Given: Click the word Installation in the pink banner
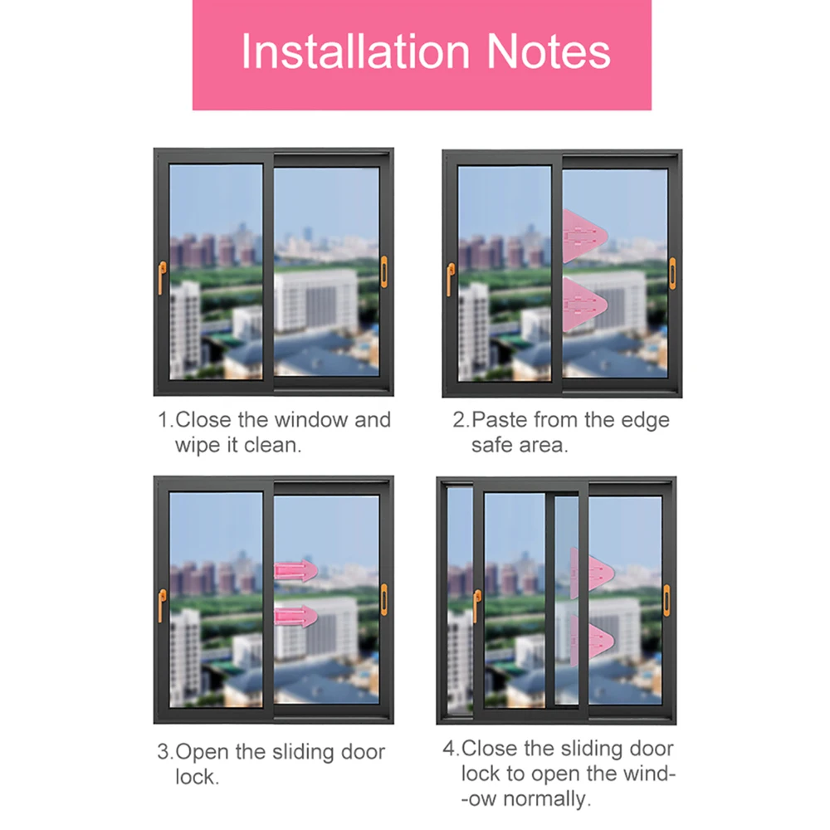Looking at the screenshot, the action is pos(355,51).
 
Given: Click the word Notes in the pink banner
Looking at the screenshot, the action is pos(549,51).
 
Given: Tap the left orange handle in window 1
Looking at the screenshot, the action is pos(162,277).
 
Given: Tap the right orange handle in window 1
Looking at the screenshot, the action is pos(383,272).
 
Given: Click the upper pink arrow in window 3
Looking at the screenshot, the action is pos(296,571).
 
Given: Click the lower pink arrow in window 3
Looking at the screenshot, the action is pos(296,616).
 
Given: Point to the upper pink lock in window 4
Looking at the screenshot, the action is pos(592,573).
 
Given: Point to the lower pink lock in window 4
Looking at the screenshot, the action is pos(592,641).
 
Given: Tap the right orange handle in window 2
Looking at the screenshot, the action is pos(672,274).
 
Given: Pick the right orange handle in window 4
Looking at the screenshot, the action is pos(666,600).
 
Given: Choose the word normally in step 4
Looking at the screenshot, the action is pos(546,798).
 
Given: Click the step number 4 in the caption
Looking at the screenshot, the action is pos(449,749).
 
